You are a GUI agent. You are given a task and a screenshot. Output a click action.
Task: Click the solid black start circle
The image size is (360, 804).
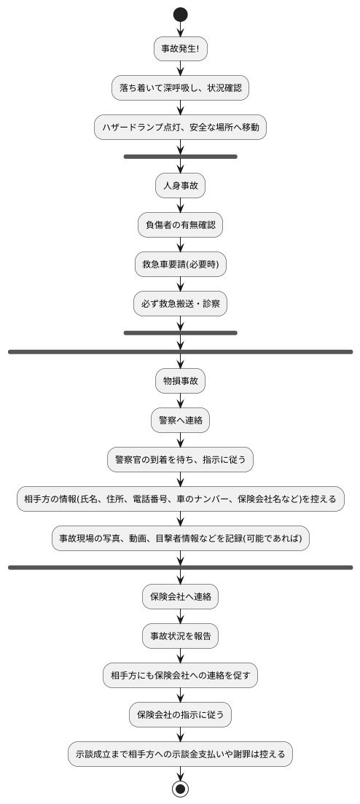(180, 15)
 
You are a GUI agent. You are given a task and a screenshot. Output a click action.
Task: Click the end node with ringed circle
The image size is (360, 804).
(180, 789)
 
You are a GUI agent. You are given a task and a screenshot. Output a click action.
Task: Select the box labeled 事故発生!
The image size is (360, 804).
(180, 49)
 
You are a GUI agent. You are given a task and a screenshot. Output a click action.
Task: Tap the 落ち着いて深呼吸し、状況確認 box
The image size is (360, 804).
(180, 88)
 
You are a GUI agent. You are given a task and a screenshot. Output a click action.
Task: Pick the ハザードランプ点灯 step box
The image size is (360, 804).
(180, 128)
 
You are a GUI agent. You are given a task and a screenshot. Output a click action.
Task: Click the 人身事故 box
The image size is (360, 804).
(180, 186)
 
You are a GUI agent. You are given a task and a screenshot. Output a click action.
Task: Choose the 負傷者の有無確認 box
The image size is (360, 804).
(180, 225)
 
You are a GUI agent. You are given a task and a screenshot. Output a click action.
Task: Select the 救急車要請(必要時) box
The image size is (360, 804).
(180, 265)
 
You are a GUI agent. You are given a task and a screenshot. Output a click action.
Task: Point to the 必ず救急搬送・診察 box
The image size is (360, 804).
(180, 304)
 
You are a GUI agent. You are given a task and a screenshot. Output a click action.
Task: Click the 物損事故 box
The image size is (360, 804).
(180, 380)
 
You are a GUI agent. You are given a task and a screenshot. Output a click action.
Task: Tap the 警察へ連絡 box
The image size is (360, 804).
(180, 420)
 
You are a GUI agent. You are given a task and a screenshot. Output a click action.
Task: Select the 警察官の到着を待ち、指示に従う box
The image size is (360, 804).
(180, 459)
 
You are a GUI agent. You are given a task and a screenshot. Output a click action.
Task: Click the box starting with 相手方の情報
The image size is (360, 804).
(180, 499)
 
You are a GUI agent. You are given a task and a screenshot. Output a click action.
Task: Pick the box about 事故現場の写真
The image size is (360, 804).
(180, 539)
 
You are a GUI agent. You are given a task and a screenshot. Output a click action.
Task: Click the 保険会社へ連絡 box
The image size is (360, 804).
(180, 596)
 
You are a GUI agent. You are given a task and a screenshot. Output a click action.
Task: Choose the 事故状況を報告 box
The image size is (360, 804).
(180, 636)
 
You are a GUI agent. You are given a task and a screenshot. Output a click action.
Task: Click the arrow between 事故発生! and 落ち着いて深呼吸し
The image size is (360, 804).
(180, 69)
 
